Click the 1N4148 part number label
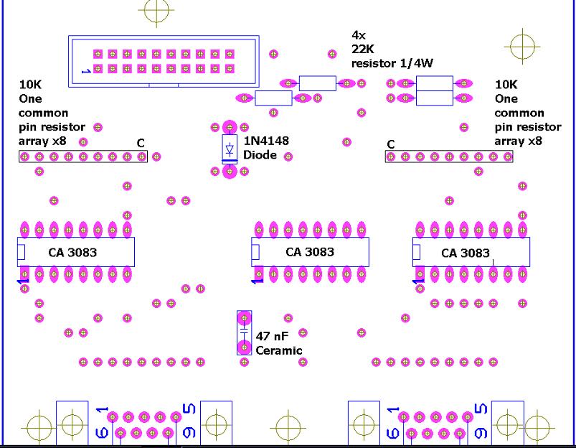(266, 141)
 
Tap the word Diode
(259, 154)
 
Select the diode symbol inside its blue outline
(230, 149)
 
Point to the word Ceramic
(279, 350)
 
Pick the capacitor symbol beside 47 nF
(245, 334)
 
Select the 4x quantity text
(358, 34)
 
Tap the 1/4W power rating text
(417, 63)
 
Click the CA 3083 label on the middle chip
(310, 252)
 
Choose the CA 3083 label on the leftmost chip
(72, 252)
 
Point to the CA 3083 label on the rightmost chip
(466, 253)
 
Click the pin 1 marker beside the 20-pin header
(85, 71)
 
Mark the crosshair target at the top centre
(156, 10)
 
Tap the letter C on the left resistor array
(141, 143)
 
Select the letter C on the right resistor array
(390, 144)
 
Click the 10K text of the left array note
(30, 84)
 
